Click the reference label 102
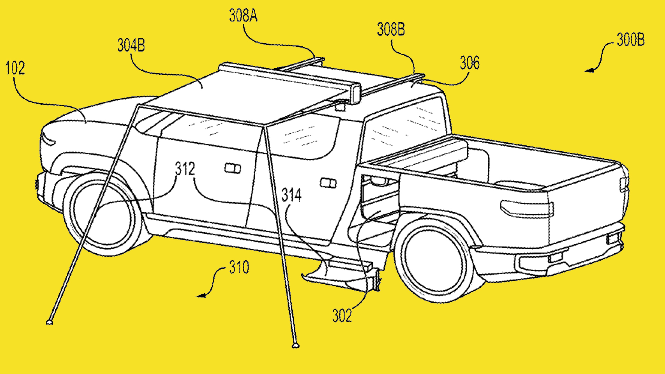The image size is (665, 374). tap(15, 68)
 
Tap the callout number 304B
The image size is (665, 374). tap(131, 45)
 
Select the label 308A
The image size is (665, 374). tap(243, 16)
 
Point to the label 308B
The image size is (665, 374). tap(391, 29)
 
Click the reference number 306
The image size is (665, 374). tap(470, 63)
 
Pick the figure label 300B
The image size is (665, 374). tap(630, 40)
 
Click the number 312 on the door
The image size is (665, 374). tap(185, 169)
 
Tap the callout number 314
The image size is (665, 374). tap(291, 195)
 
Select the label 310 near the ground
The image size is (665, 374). tap(239, 267)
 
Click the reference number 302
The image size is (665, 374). tap(342, 316)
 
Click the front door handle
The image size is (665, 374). tap(232, 168)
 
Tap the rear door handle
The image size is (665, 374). tap(328, 183)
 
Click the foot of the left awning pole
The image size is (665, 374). tap(50, 322)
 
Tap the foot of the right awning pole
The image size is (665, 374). tap(295, 345)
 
